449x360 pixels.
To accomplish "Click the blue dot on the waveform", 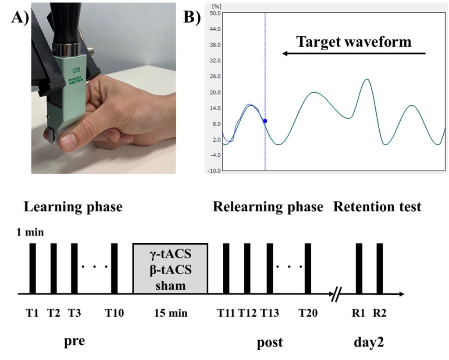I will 265,121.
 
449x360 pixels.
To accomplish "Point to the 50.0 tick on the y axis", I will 214,13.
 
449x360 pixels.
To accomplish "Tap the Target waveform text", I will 354,42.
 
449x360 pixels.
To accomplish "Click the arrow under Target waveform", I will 354,53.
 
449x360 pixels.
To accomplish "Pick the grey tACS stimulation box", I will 170,268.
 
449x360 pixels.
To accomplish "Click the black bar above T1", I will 32,268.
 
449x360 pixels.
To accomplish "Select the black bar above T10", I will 114,268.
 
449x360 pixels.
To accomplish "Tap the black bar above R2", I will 380,268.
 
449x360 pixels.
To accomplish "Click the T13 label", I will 269,313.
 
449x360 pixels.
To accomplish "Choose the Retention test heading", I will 377,207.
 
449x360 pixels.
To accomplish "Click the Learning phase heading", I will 73,207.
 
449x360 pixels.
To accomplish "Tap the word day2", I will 369,342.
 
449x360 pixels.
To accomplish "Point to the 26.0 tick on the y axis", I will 214,76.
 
